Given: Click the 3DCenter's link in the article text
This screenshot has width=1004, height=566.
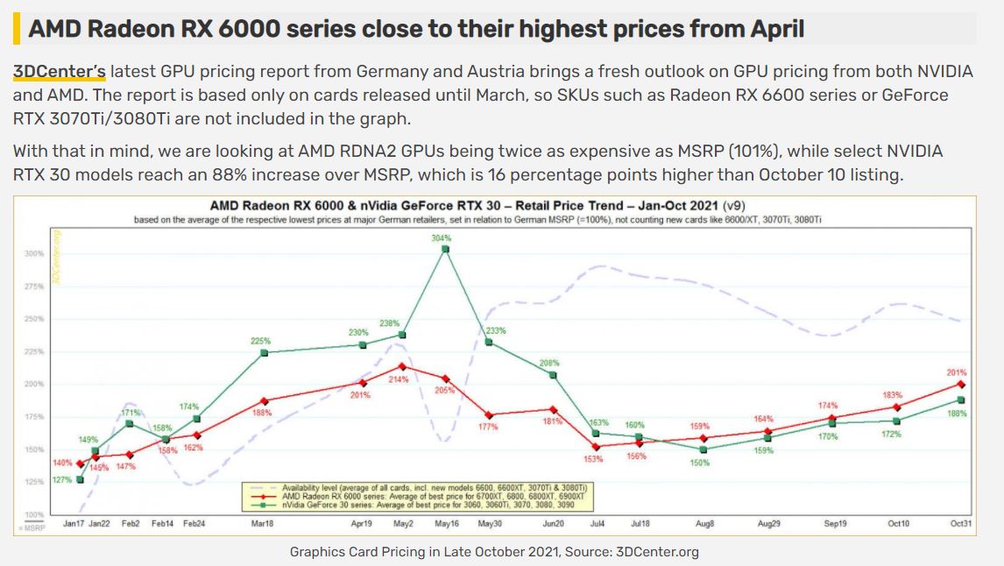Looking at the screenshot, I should point(60,72).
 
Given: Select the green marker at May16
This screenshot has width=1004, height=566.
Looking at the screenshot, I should point(445,250).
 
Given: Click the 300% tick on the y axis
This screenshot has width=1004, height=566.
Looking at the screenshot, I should point(34,254).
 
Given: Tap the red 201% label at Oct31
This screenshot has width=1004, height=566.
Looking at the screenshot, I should point(956,372).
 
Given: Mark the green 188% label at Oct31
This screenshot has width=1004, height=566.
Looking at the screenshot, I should point(958,413).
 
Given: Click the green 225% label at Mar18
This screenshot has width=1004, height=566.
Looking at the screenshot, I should point(261,341).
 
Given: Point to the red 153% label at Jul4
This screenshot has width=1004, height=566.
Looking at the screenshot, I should point(593,458).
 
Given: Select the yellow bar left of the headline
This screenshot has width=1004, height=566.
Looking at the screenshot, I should point(17,28).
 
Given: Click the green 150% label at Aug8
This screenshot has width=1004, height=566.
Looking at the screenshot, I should point(700,462).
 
